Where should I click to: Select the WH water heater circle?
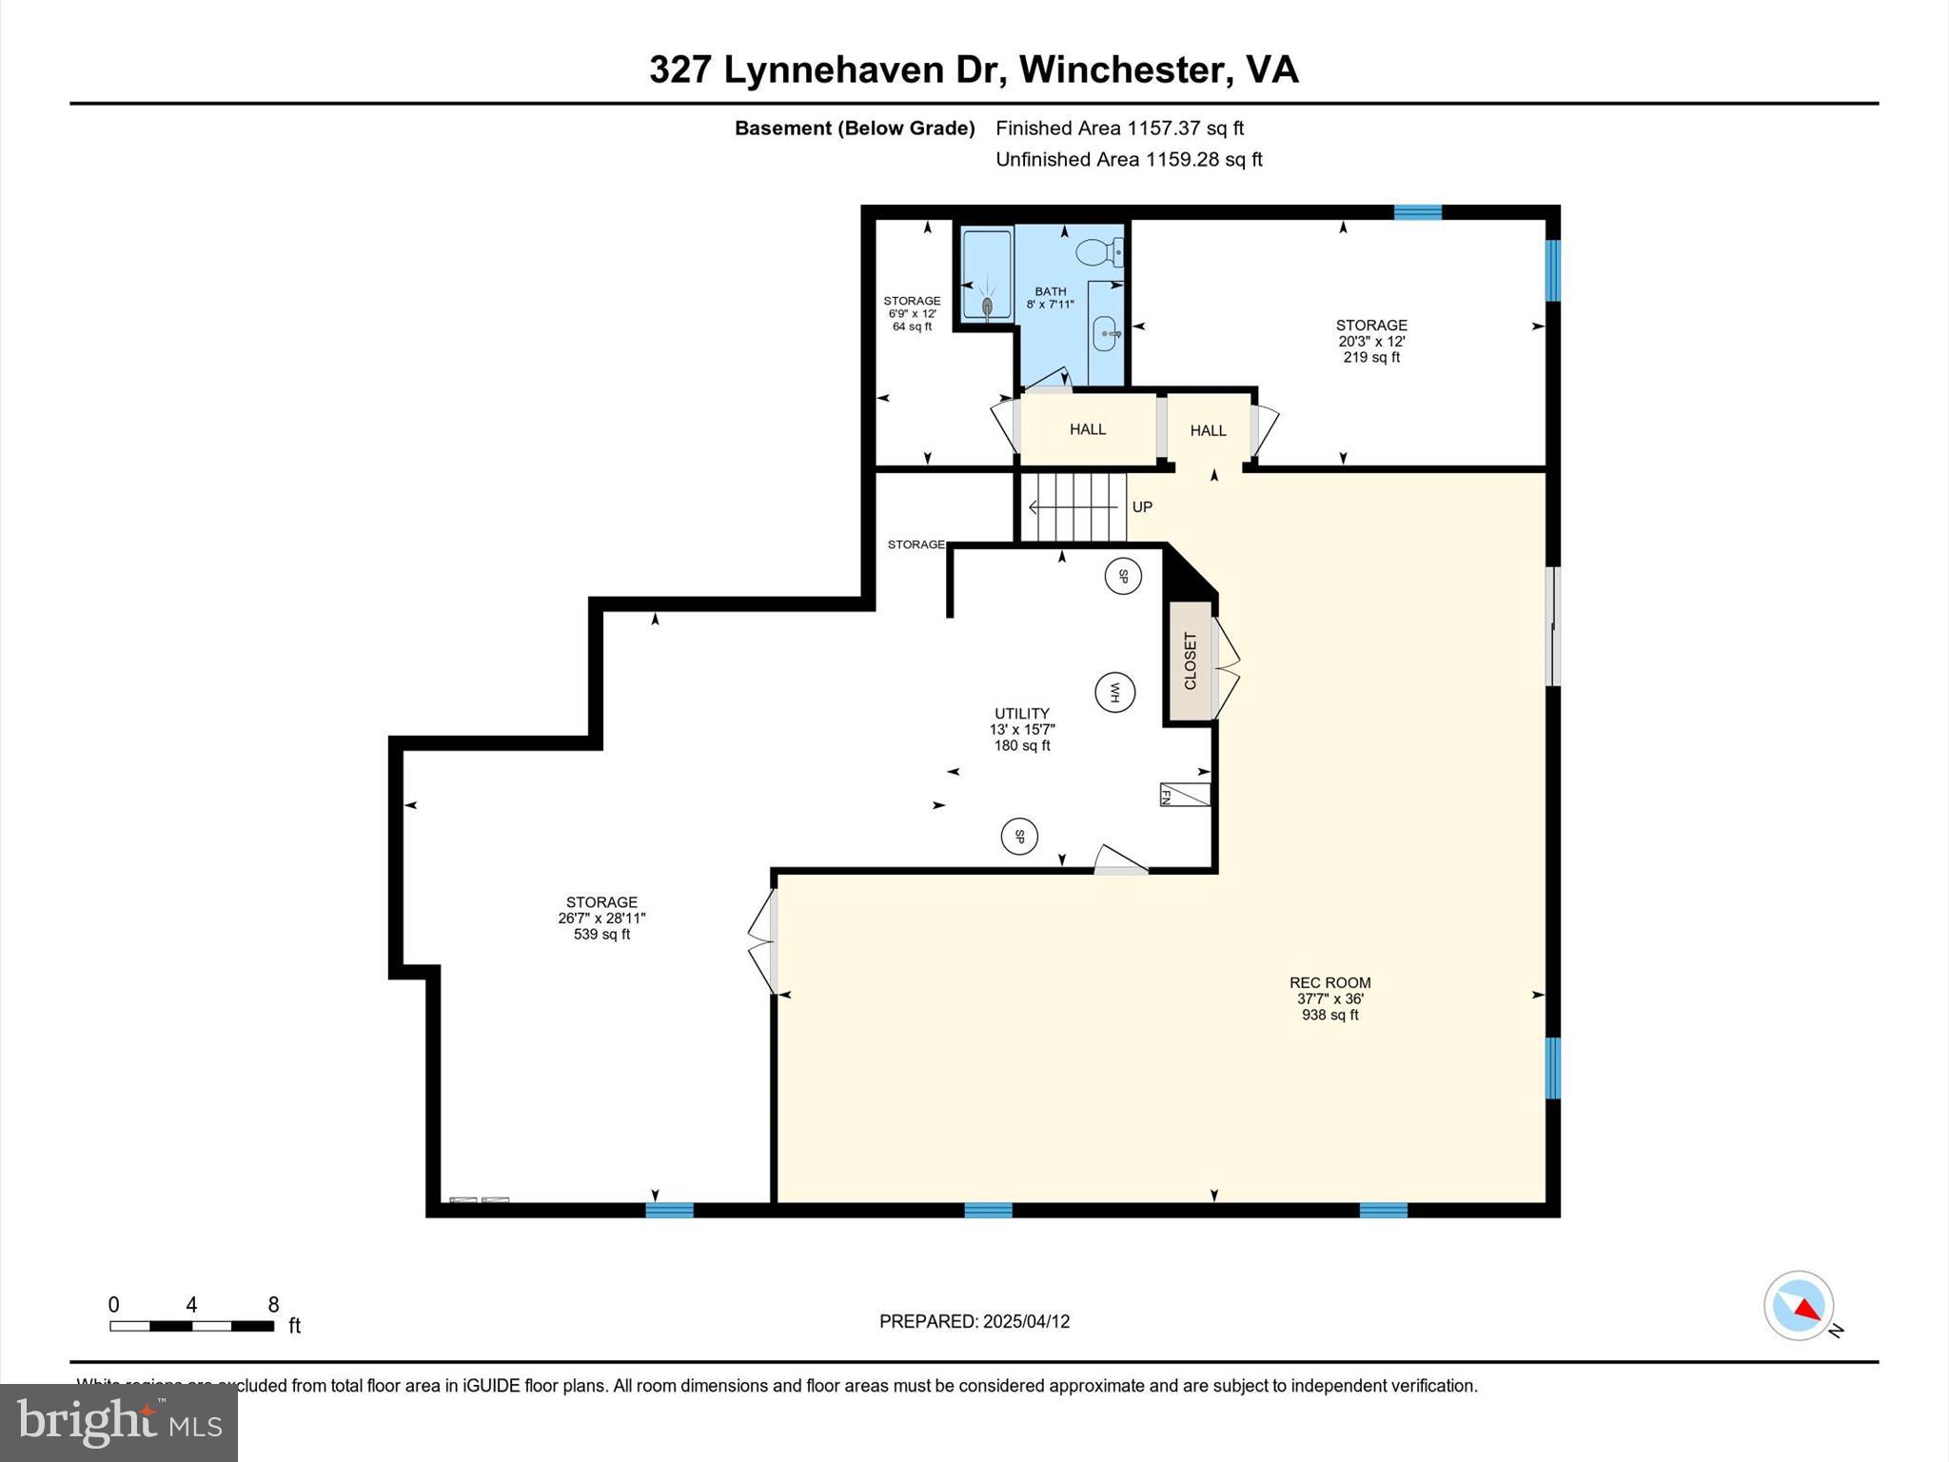[x=1114, y=692]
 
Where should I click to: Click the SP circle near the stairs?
[x=1123, y=576]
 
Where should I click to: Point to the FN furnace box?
[x=1184, y=795]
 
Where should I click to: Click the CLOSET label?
[x=1190, y=661]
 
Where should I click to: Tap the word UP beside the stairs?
[x=1142, y=507]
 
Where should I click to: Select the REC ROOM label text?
[x=1329, y=983]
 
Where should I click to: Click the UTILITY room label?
[x=1022, y=713]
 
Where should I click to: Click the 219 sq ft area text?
[x=1370, y=358]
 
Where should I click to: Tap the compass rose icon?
[x=1798, y=1306]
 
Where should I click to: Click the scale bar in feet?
[x=191, y=1326]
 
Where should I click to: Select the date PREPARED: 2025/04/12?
[x=974, y=1321]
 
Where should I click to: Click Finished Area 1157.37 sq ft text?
[x=1119, y=128]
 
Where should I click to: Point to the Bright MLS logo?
[x=119, y=1422]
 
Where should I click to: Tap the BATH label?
[x=1051, y=291]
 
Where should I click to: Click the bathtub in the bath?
[x=986, y=273]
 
